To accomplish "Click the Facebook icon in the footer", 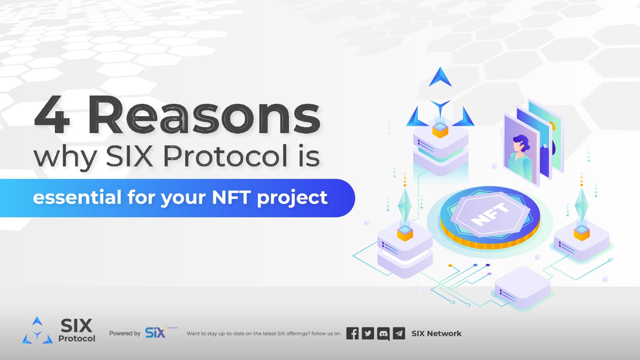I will coord(352,333).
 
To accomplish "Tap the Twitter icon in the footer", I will coord(368,333).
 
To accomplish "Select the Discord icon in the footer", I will coord(384,333).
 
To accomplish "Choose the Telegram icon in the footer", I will coord(399,333).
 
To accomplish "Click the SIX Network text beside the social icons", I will coord(437,333).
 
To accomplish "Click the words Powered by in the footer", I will coord(125,333).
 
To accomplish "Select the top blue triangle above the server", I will coord(440,78).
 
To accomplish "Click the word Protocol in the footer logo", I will coord(77,339).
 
